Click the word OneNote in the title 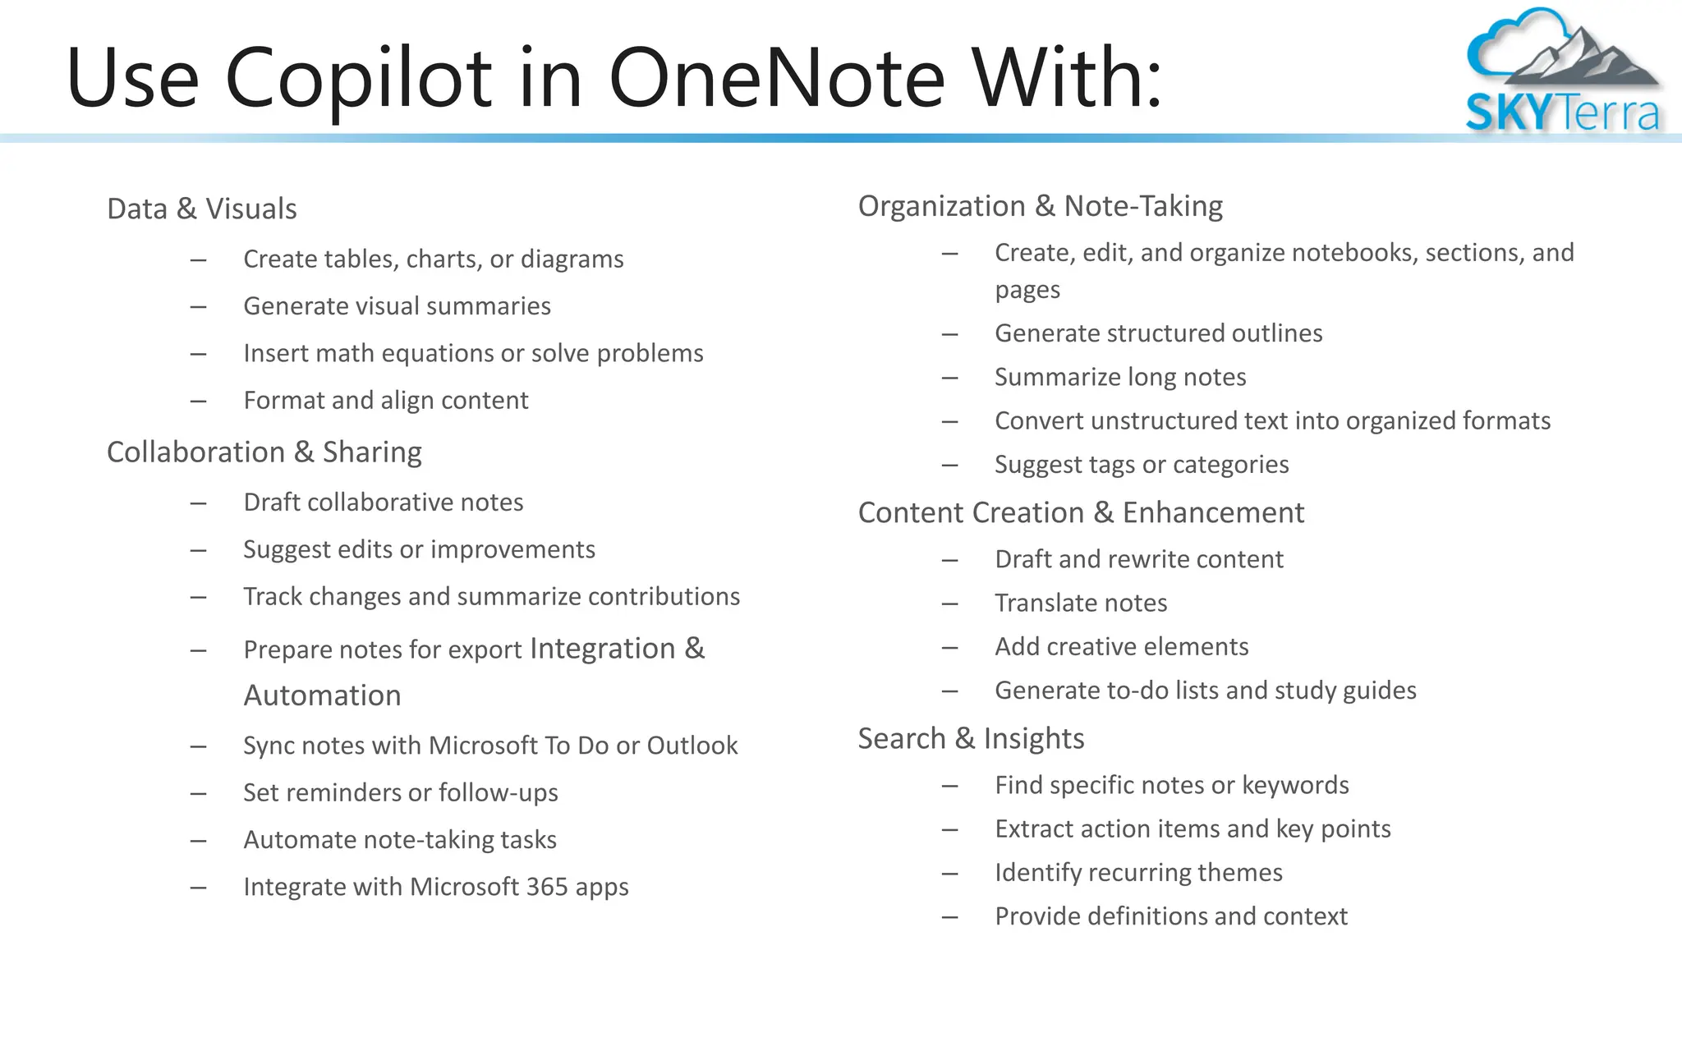coord(776,78)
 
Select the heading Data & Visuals coord(202,209)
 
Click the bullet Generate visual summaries coord(397,306)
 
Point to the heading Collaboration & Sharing coord(264,452)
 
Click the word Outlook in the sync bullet coord(692,746)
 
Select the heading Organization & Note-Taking coord(1040,206)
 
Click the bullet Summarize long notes coord(1120,377)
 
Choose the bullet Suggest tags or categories coord(1142,465)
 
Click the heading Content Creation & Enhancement coord(1081,513)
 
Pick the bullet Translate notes coord(1081,604)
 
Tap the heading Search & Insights coord(971,739)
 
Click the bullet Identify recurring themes coord(1138,873)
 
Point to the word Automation coord(323,696)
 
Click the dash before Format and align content coord(198,402)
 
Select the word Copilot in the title coord(358,78)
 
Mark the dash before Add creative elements coord(950,648)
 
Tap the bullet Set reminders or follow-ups coord(401,793)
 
